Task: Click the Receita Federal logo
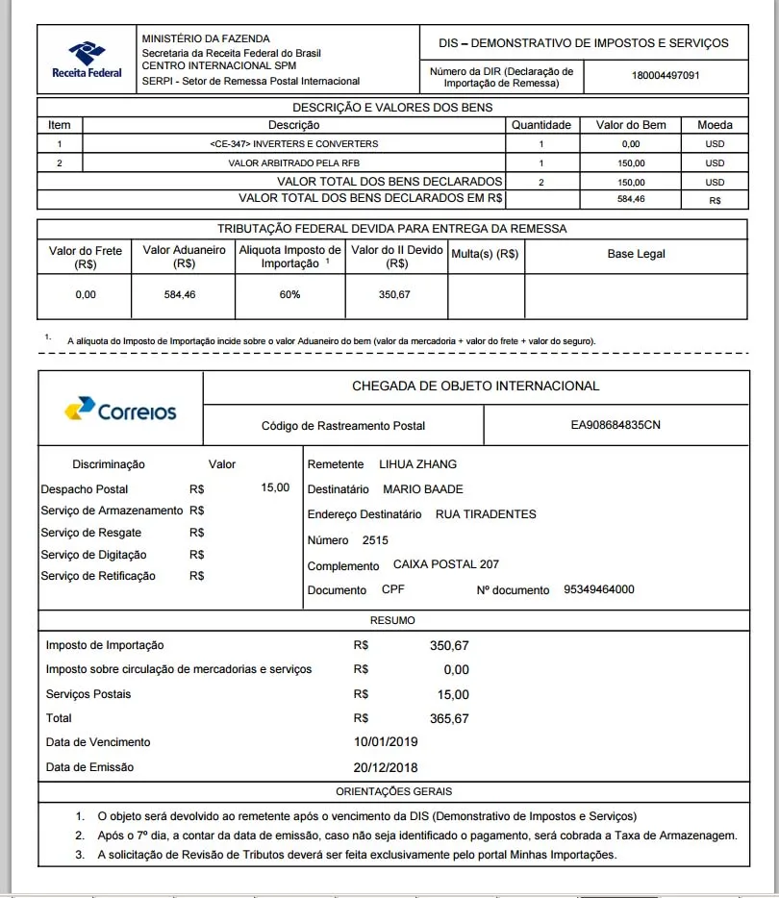[x=87, y=60]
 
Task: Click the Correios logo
[x=120, y=411]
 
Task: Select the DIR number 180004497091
[x=665, y=76]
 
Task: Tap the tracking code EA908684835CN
[x=616, y=425]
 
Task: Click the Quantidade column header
[x=540, y=125]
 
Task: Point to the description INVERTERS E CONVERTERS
[x=293, y=144]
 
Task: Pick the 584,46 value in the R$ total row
[x=631, y=200]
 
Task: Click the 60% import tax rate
[x=289, y=295]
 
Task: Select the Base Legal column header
[x=636, y=254]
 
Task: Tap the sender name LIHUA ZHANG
[x=417, y=464]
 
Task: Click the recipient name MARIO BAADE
[x=422, y=489]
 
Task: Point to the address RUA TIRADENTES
[x=486, y=514]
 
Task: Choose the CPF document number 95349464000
[x=598, y=589]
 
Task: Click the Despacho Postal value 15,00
[x=275, y=488]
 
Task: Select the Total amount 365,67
[x=449, y=719]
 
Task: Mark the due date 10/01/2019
[x=386, y=742]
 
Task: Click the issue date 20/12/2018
[x=386, y=767]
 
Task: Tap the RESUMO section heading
[x=392, y=621]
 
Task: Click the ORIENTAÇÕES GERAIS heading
[x=393, y=792]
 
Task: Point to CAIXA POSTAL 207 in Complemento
[x=445, y=564]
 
